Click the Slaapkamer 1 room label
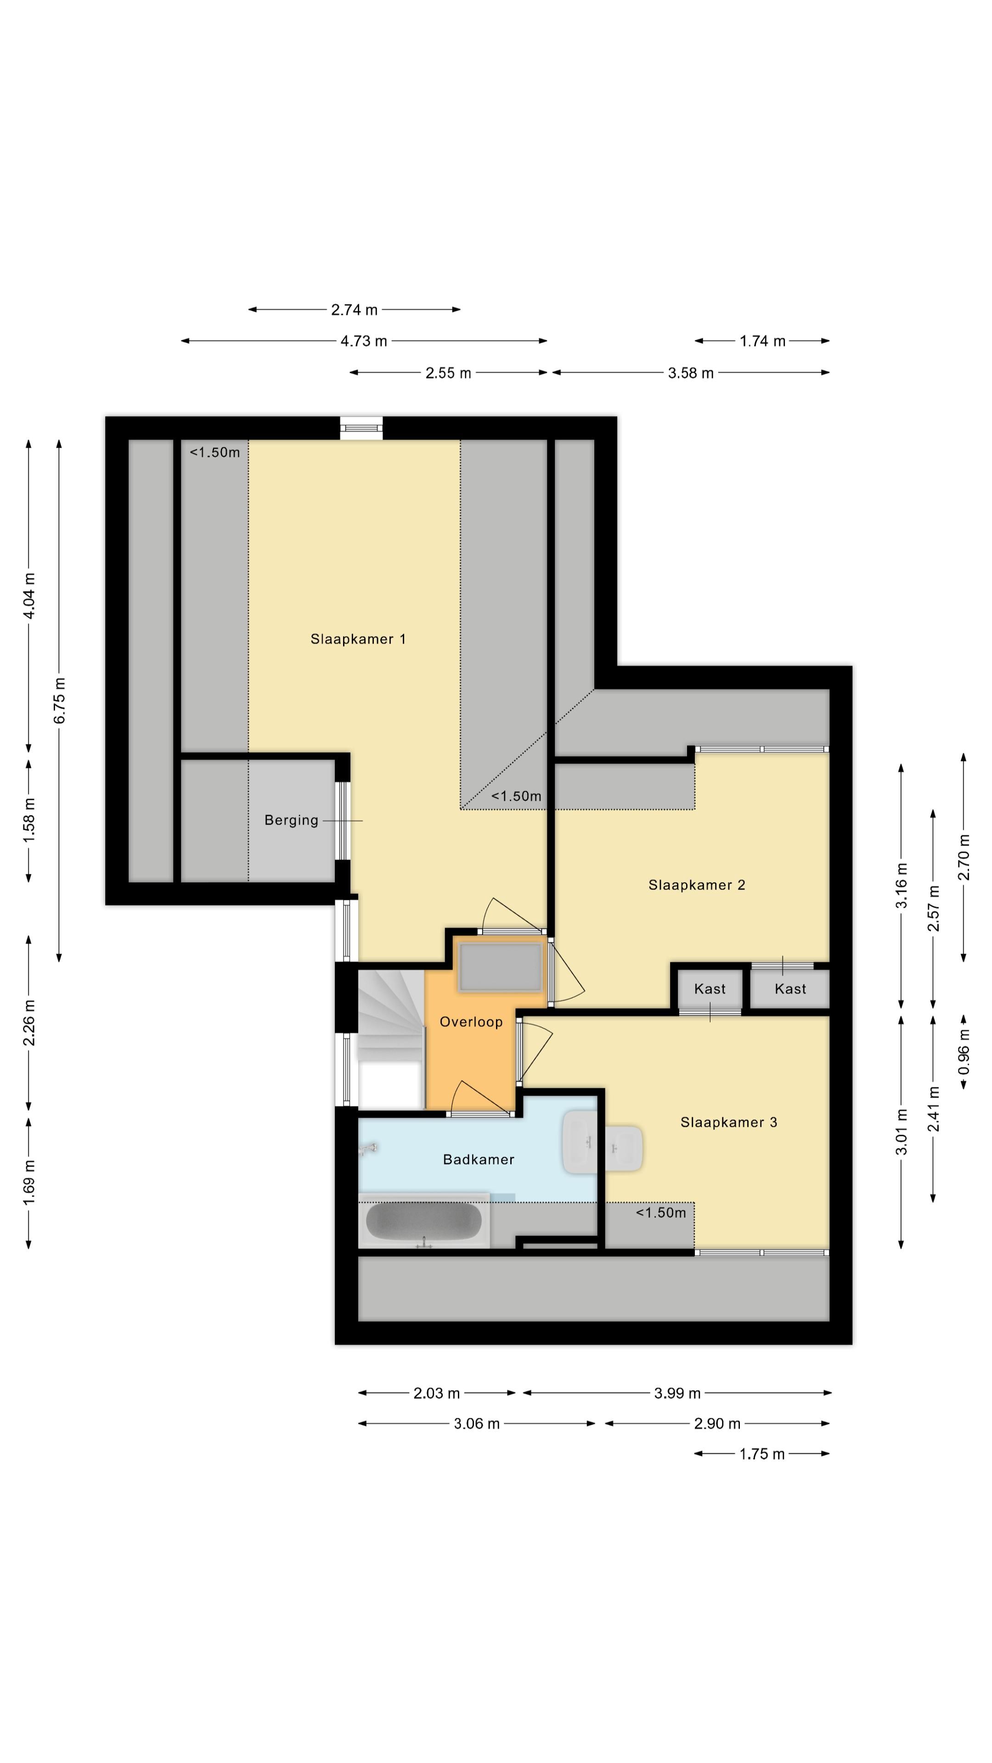358,639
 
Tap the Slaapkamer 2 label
696,885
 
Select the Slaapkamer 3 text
728,1123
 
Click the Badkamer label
479,1159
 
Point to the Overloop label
471,1022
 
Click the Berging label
292,820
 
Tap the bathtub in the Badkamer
424,1222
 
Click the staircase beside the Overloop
391,1039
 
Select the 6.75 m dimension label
60,700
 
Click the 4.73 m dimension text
364,341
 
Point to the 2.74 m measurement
354,309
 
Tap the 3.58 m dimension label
691,373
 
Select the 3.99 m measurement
677,1393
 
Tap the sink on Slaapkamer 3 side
624,1148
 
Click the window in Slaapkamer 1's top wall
361,428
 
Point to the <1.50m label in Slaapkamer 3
661,1213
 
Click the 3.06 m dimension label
477,1424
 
